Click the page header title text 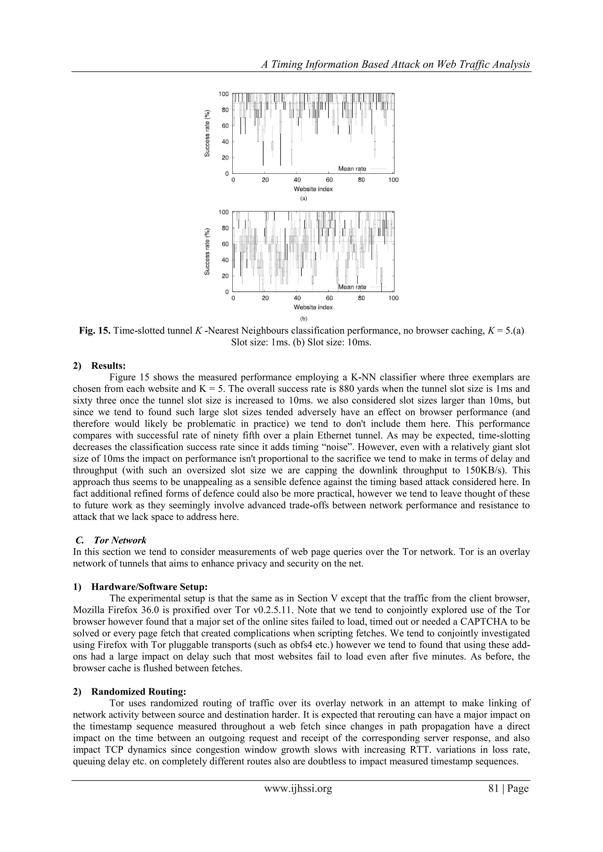tap(396, 64)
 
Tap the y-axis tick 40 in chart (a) tap(225, 142)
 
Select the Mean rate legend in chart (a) tap(352, 169)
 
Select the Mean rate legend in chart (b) tap(352, 287)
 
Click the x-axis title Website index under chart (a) tap(313, 189)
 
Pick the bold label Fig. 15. tap(95, 331)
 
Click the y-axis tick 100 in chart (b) tap(223, 212)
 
